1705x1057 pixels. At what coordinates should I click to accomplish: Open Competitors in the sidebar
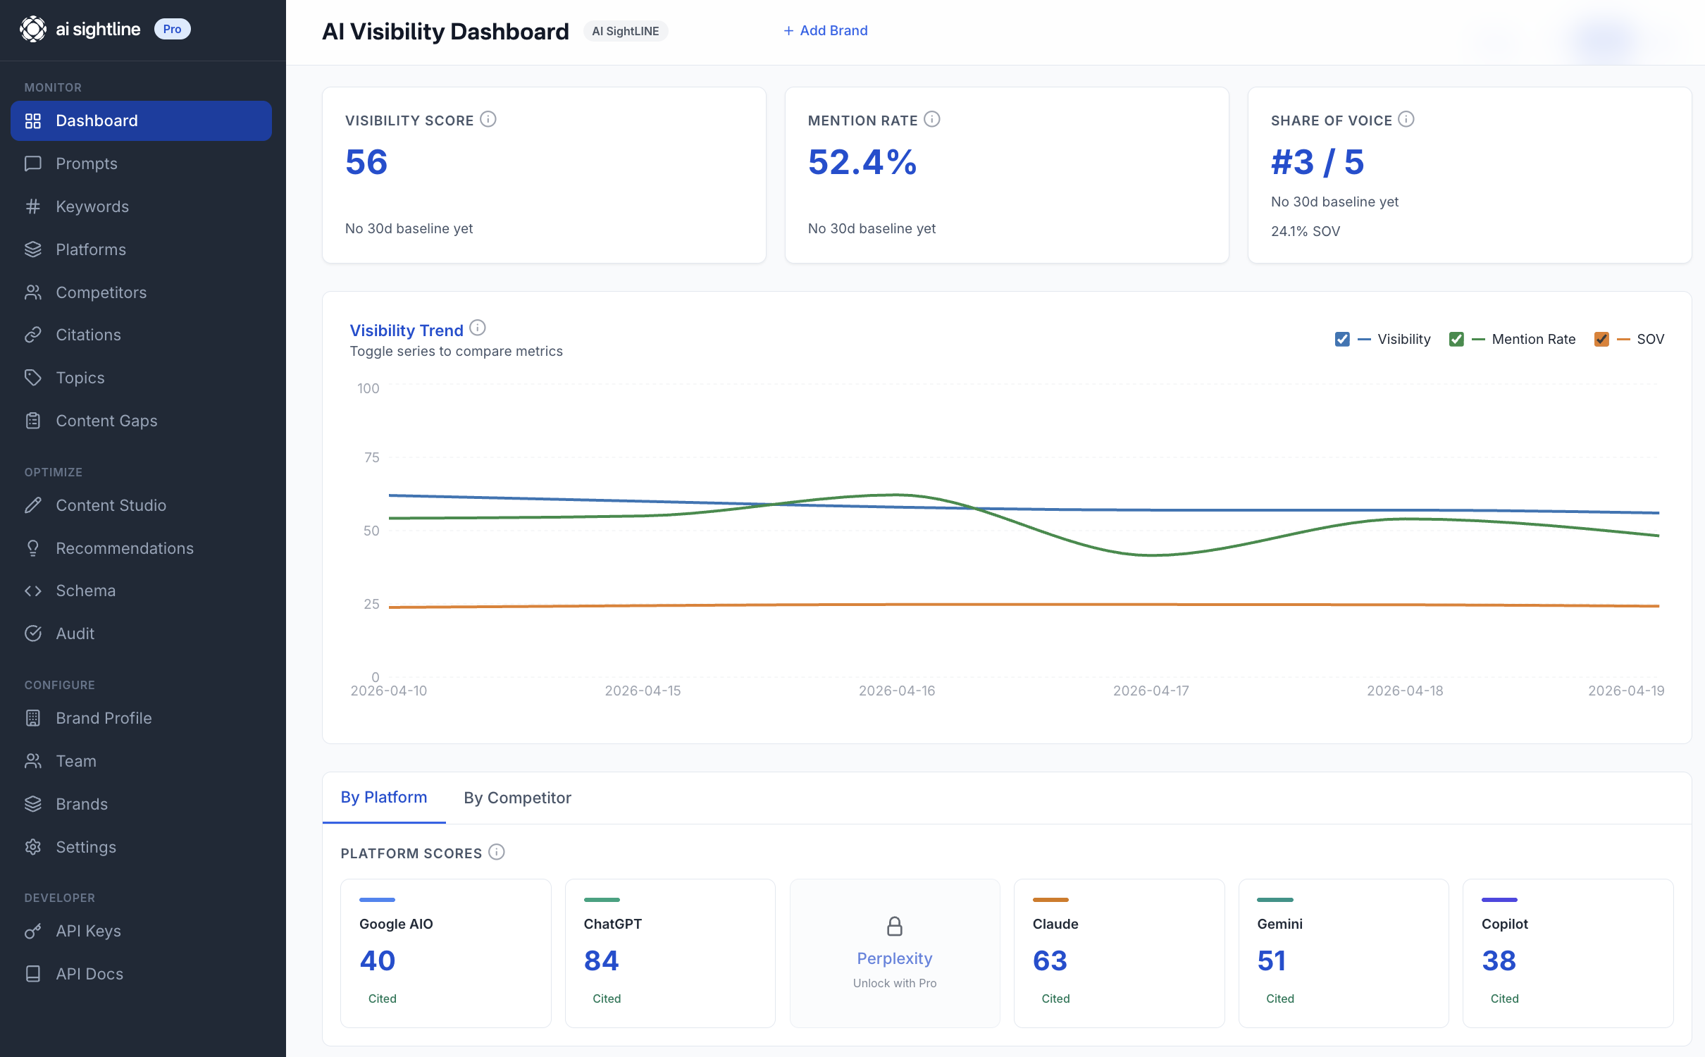[x=101, y=292]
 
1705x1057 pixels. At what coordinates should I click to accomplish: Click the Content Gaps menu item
[x=106, y=421]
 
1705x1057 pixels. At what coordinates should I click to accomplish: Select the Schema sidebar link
[x=85, y=591]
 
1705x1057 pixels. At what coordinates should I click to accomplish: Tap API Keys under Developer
[x=88, y=931]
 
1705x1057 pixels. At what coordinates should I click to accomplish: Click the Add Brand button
[x=825, y=30]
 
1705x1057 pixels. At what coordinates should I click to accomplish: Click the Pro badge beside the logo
[x=172, y=29]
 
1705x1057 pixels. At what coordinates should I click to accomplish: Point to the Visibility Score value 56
[x=366, y=162]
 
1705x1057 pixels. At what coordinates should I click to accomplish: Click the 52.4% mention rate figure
[x=862, y=162]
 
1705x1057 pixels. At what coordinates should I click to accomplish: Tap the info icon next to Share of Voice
[x=1406, y=119]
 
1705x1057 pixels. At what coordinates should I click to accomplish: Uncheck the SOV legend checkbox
[x=1601, y=339]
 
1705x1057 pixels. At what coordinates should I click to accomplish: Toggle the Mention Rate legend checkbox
[x=1456, y=339]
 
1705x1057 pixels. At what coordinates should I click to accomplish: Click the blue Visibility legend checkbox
[x=1342, y=339]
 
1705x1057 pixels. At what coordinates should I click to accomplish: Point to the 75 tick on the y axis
[x=371, y=457]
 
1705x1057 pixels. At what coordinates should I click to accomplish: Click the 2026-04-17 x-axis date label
[x=1151, y=691]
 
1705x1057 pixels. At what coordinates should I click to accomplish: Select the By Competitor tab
[x=517, y=798]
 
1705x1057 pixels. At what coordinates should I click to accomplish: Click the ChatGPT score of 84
[x=601, y=960]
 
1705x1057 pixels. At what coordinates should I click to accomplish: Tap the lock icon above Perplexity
[x=895, y=926]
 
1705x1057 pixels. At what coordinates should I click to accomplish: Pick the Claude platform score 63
[x=1050, y=960]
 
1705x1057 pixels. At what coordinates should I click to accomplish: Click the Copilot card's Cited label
[x=1504, y=999]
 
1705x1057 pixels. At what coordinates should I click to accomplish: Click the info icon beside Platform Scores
[x=497, y=852]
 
